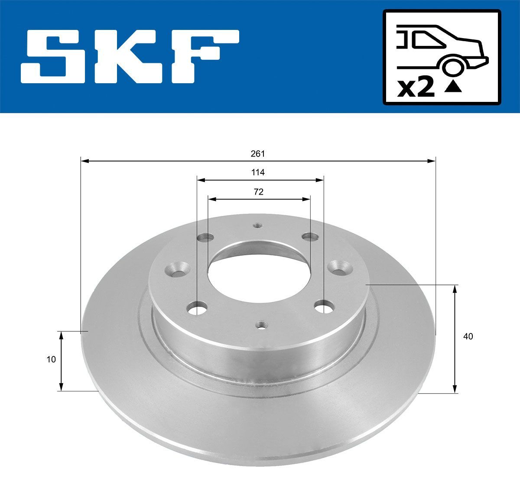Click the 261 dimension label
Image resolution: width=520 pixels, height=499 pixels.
coord(257,154)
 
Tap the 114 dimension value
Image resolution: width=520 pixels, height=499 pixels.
coord(258,172)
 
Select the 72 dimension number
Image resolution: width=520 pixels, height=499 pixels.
coord(258,192)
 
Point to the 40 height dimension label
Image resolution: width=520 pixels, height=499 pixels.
coord(468,336)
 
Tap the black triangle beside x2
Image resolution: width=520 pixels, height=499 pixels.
coord(453,86)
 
